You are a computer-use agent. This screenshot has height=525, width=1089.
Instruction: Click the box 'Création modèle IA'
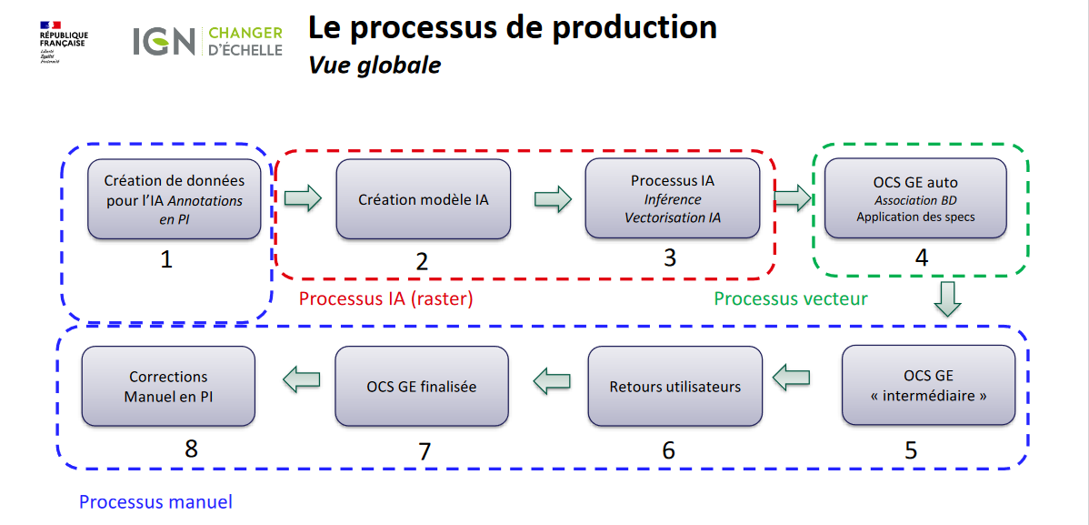pos(423,199)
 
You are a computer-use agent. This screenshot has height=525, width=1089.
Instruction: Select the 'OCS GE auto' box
pos(915,199)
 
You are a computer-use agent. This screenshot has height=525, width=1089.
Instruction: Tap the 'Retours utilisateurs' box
pos(674,387)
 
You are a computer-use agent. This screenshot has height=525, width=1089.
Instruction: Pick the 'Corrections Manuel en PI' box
pos(168,387)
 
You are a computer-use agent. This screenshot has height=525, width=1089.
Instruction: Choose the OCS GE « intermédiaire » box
pos(928,387)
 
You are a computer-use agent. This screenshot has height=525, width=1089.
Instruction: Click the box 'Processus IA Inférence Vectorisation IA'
pos(672,199)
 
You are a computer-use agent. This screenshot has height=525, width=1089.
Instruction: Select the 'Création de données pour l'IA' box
pos(174,199)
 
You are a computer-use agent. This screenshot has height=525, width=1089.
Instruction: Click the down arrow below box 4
pos(948,298)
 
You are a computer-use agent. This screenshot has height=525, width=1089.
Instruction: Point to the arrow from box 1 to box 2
pos(303,198)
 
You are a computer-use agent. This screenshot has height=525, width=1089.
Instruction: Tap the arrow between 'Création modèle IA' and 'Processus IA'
pos(553,198)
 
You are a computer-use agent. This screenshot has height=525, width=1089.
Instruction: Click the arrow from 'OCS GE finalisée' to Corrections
pos(301,379)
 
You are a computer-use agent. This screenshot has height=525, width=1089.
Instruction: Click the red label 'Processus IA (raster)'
pos(386,298)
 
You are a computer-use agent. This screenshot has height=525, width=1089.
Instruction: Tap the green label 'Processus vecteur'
pos(790,298)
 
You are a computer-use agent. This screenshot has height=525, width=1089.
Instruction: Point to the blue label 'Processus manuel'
pos(155,501)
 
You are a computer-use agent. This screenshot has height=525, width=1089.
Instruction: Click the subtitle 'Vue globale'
pos(375,66)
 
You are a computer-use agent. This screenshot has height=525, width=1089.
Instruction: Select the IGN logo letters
pos(164,40)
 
